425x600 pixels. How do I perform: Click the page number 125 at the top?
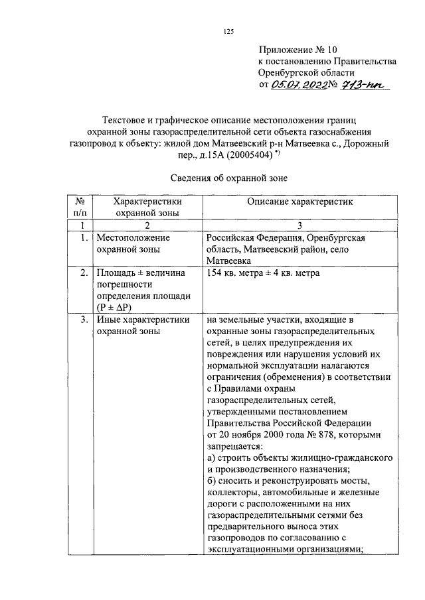(x=230, y=30)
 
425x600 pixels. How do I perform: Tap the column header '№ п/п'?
(x=78, y=207)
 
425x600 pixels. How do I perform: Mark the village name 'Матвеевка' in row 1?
(x=227, y=261)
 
